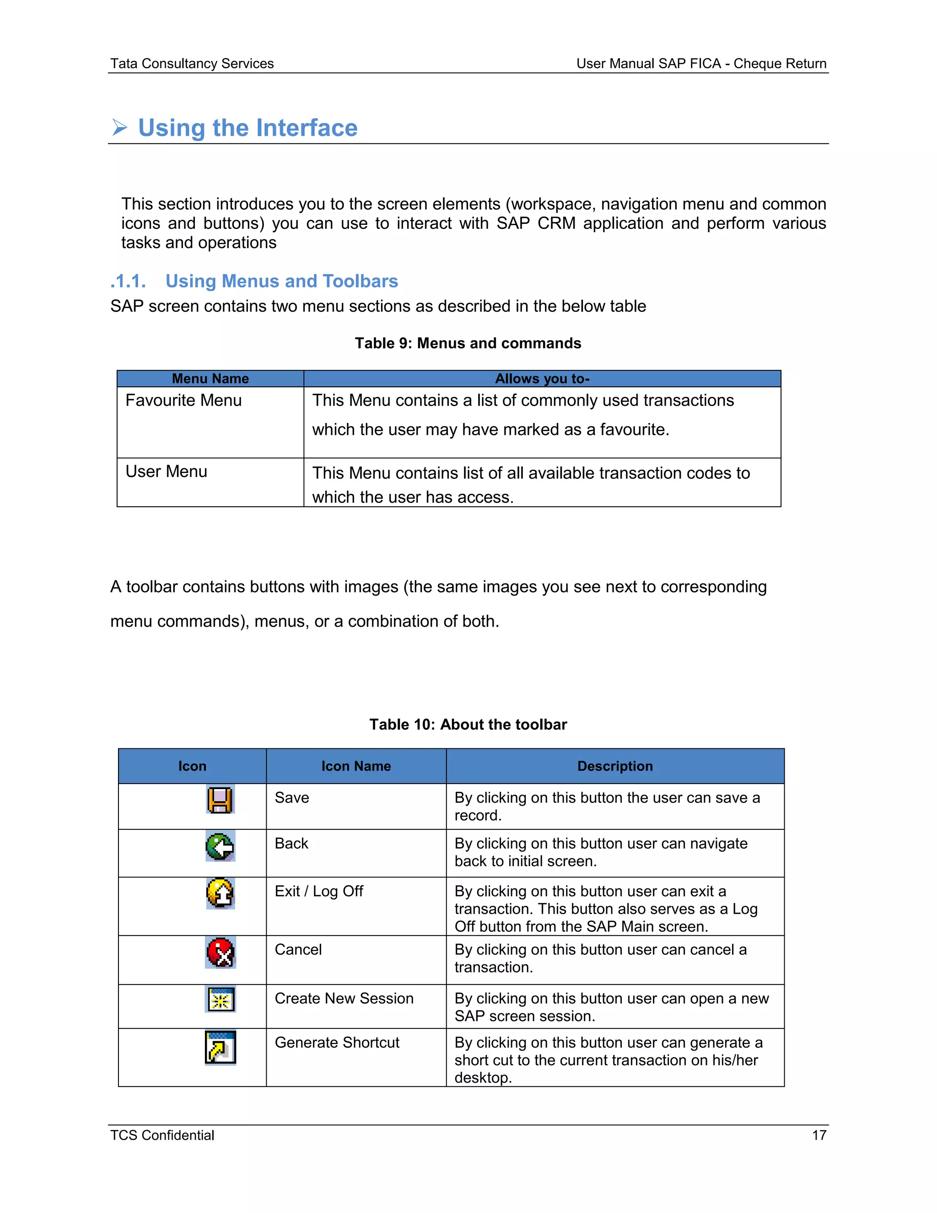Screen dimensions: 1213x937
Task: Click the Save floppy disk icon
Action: click(x=221, y=800)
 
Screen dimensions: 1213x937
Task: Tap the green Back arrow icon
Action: click(x=221, y=846)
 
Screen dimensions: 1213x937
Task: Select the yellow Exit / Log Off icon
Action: click(x=221, y=893)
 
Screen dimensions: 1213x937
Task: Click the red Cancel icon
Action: click(x=221, y=953)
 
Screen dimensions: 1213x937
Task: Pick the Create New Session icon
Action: click(x=221, y=1000)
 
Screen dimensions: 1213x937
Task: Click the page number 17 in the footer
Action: click(x=819, y=1135)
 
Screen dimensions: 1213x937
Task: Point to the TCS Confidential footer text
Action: click(x=162, y=1135)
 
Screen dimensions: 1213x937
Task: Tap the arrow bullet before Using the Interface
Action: click(x=119, y=128)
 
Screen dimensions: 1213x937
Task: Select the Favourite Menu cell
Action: click(x=184, y=401)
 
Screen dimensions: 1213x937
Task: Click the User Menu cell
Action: click(x=167, y=471)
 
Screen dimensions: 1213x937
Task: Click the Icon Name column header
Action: click(x=356, y=766)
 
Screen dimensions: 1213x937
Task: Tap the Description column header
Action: click(x=615, y=766)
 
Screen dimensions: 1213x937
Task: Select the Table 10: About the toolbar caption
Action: click(x=468, y=725)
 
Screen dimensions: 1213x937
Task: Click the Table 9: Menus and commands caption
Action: click(x=468, y=343)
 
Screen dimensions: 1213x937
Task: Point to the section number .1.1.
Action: click(x=128, y=282)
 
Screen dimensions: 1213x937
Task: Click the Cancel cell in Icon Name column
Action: click(x=298, y=950)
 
